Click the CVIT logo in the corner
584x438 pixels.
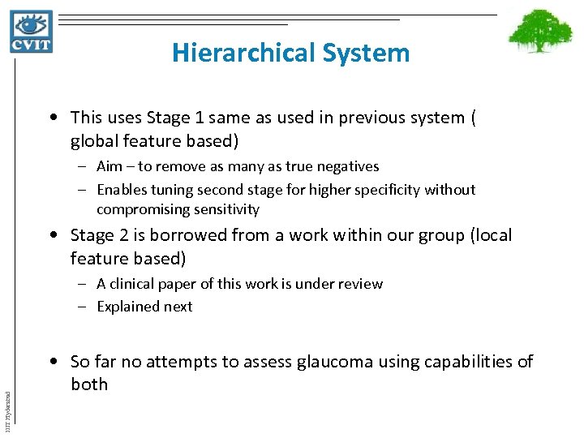pos(32,32)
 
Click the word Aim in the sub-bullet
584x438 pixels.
pos(110,166)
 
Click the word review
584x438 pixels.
pos(362,284)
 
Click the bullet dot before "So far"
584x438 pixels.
pos(53,362)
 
